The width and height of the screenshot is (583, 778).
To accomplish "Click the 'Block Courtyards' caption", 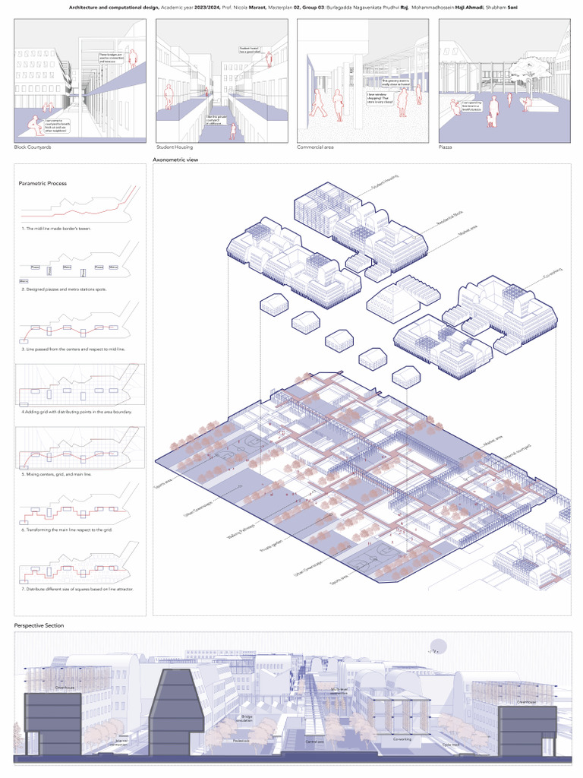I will click(x=33, y=147).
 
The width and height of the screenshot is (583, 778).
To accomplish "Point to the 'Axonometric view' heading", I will click(x=176, y=160).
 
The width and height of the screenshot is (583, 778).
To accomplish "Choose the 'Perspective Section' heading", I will click(x=39, y=625).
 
